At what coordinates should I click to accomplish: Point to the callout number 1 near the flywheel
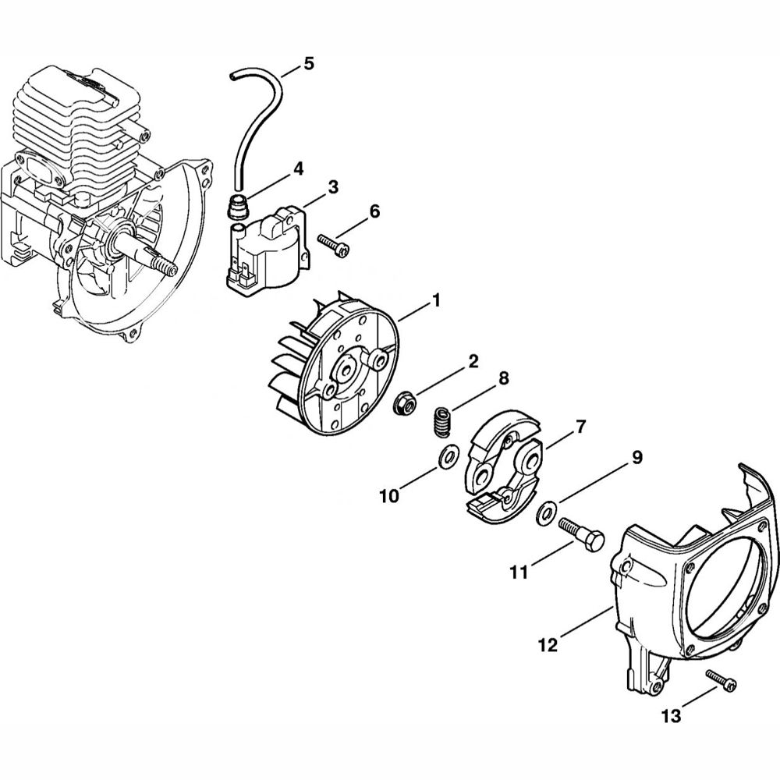click(x=437, y=300)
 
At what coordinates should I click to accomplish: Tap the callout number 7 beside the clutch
click(x=580, y=427)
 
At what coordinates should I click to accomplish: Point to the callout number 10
click(x=390, y=495)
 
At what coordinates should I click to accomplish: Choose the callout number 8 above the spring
click(x=503, y=378)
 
